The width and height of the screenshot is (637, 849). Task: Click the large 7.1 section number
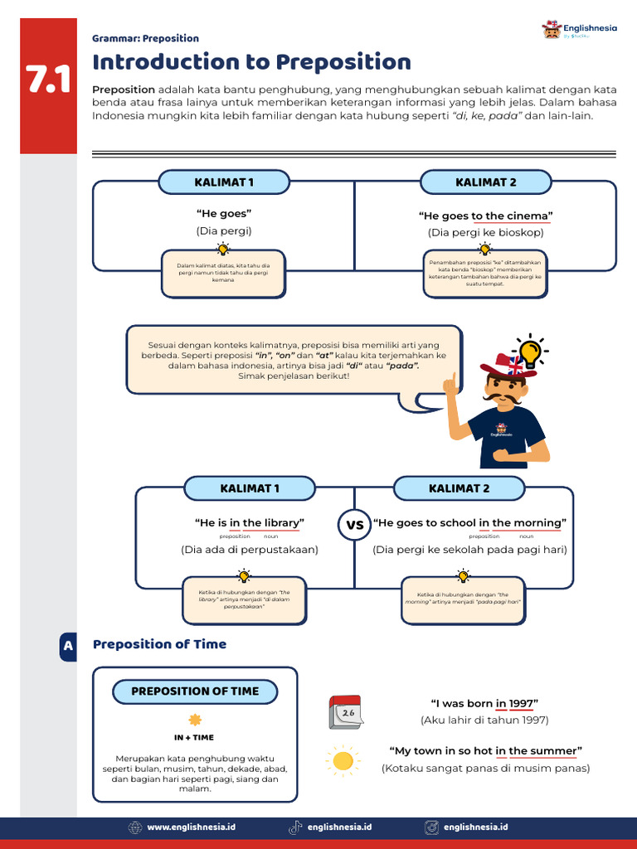click(48, 80)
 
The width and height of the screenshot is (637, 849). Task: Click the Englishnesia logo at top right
click(580, 31)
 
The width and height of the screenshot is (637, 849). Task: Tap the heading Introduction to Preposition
click(251, 62)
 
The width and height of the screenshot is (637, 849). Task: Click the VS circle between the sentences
click(354, 525)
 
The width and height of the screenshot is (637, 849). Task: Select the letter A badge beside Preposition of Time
click(68, 645)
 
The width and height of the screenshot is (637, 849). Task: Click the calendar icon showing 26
click(345, 712)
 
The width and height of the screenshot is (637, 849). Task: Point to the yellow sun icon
click(342, 760)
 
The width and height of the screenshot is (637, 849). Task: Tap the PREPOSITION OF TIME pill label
click(195, 691)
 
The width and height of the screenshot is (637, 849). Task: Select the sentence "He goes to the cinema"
click(485, 216)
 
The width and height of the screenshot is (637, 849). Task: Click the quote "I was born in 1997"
click(484, 703)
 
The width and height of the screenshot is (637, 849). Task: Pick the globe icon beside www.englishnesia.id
click(135, 827)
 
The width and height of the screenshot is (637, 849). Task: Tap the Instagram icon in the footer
click(431, 827)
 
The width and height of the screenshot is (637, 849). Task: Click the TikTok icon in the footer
click(294, 827)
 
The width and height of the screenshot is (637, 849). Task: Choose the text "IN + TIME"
click(194, 737)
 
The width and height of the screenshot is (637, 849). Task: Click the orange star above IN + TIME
click(195, 720)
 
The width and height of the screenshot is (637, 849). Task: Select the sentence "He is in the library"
click(249, 523)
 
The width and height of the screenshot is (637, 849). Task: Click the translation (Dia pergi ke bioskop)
click(485, 233)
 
